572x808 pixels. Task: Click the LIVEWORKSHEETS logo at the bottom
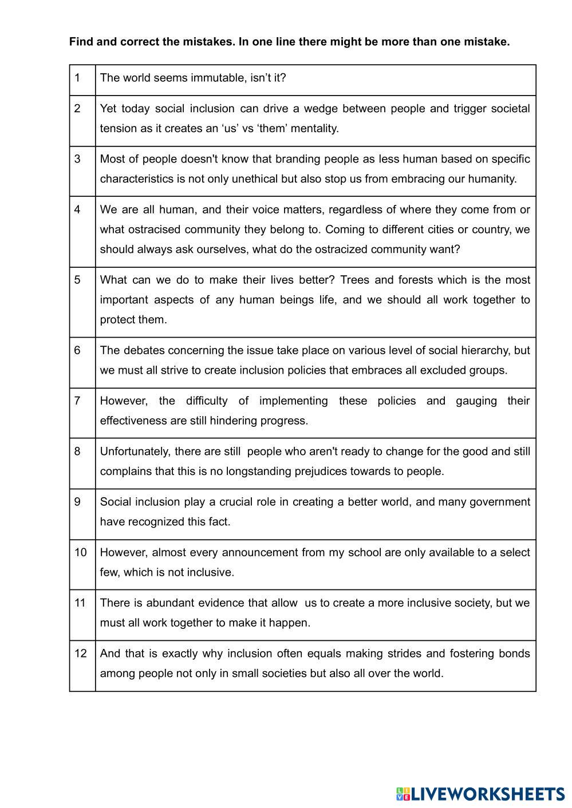pos(480,794)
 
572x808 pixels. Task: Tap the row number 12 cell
pos(82,665)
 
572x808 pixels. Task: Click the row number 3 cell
pos(82,171)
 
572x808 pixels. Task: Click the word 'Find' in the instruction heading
pos(81,42)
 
